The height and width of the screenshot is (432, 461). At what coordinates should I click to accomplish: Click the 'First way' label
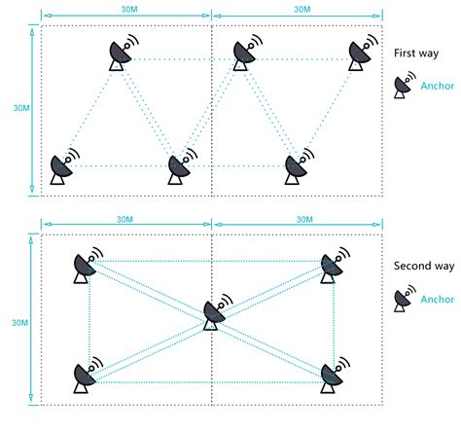pos(417,56)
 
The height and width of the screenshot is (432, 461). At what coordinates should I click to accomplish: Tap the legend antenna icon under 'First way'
pos(403,87)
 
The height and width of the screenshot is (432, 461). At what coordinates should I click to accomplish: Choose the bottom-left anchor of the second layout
pos(85,377)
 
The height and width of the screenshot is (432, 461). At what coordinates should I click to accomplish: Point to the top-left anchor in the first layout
pos(123,54)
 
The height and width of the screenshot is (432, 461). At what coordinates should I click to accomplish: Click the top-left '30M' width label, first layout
pos(125,9)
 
